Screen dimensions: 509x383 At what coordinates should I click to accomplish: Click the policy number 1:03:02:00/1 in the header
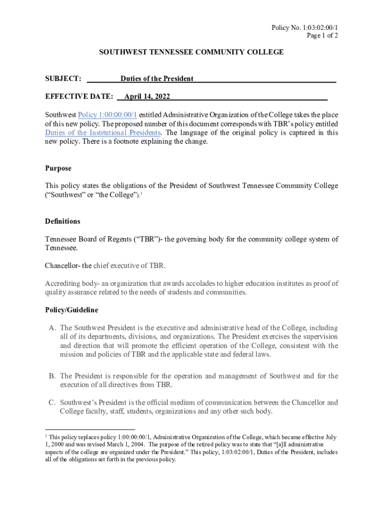(317, 28)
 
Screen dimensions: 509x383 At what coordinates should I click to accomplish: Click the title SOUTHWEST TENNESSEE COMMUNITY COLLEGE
(191, 52)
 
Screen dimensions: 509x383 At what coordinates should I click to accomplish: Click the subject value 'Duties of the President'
(157, 79)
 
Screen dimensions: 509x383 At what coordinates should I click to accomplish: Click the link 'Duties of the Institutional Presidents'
(103, 133)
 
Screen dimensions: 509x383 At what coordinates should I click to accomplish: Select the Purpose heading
(58, 169)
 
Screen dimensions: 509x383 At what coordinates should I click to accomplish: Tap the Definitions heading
(63, 221)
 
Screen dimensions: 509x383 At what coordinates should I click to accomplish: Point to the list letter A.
(52, 328)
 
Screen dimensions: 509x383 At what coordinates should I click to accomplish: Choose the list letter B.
(52, 376)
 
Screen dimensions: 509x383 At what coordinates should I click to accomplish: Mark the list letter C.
(52, 403)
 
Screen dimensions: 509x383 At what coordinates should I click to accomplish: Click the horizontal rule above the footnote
(90, 429)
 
